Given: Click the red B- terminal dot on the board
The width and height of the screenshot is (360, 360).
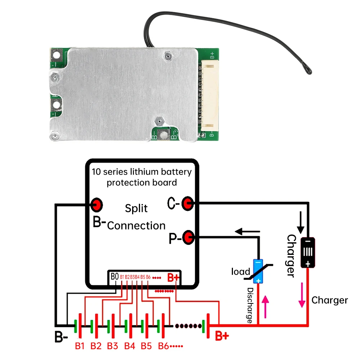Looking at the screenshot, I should click(96, 205).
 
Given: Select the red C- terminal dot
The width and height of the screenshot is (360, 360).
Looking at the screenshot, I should click(187, 204).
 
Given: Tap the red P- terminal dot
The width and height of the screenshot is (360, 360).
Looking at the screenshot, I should click(188, 237).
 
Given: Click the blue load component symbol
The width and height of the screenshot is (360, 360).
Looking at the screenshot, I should click(258, 271).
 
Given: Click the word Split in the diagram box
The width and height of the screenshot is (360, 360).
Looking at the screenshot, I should click(136, 208).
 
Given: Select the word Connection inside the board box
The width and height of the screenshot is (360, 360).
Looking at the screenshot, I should click(136, 226).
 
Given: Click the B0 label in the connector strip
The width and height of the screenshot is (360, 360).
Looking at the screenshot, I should click(114, 276).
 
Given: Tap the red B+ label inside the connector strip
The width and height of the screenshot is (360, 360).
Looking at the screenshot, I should click(174, 278).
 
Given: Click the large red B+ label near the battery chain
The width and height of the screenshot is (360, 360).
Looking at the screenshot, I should click(222, 336).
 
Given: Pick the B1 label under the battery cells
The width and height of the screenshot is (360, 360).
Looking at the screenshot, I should click(80, 346).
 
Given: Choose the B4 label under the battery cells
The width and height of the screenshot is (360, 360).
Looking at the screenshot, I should click(130, 346).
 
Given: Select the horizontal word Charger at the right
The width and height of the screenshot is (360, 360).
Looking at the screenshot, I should click(329, 300).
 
